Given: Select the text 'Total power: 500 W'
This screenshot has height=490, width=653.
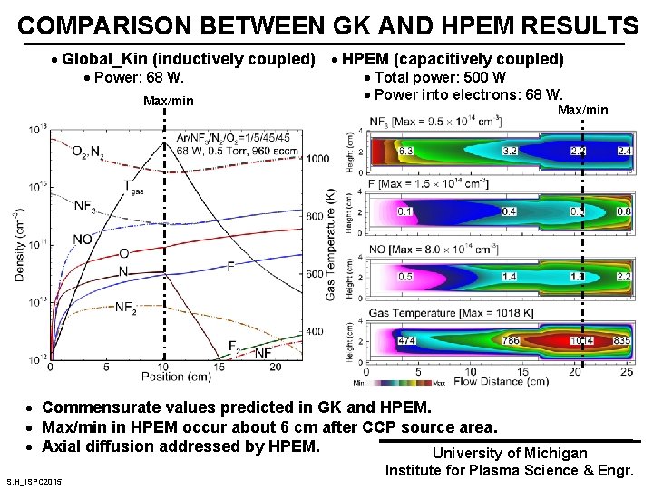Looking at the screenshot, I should pyautogui.click(x=440, y=78).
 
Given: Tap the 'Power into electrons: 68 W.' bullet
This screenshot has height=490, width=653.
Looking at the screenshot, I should pyautogui.click(x=468, y=94).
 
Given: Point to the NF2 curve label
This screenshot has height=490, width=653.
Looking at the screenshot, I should pyautogui.click(x=126, y=307).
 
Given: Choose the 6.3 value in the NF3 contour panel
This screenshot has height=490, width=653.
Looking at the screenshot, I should pyautogui.click(x=405, y=150).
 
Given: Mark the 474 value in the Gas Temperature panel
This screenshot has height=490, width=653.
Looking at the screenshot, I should pyautogui.click(x=407, y=340).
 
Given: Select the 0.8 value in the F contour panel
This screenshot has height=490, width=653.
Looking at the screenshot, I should pyautogui.click(x=623, y=212).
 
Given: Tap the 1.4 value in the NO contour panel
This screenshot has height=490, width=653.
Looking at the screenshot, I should pyautogui.click(x=510, y=276).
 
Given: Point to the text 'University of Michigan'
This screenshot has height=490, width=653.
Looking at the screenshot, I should pyautogui.click(x=509, y=453).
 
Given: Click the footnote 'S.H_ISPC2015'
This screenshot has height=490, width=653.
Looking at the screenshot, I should pyautogui.click(x=34, y=480).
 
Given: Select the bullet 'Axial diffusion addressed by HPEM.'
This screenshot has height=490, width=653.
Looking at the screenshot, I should pyautogui.click(x=181, y=446).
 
